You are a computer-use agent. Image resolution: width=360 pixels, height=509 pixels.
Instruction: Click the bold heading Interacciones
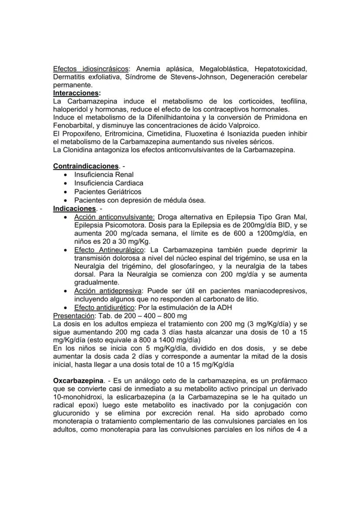pos(76,93)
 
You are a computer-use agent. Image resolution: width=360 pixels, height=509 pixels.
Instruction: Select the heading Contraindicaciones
pos(86,166)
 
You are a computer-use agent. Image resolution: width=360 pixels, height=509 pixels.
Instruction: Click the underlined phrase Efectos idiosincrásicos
pos(90,69)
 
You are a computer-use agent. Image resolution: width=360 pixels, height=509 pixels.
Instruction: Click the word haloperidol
pos(71,110)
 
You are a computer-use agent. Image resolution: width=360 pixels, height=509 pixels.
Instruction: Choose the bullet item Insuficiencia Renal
pos(103,175)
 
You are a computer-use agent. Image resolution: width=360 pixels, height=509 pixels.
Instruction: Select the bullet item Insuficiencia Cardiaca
pos(108,183)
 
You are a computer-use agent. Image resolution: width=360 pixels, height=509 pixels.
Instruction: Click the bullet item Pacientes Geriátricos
pos(107,192)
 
